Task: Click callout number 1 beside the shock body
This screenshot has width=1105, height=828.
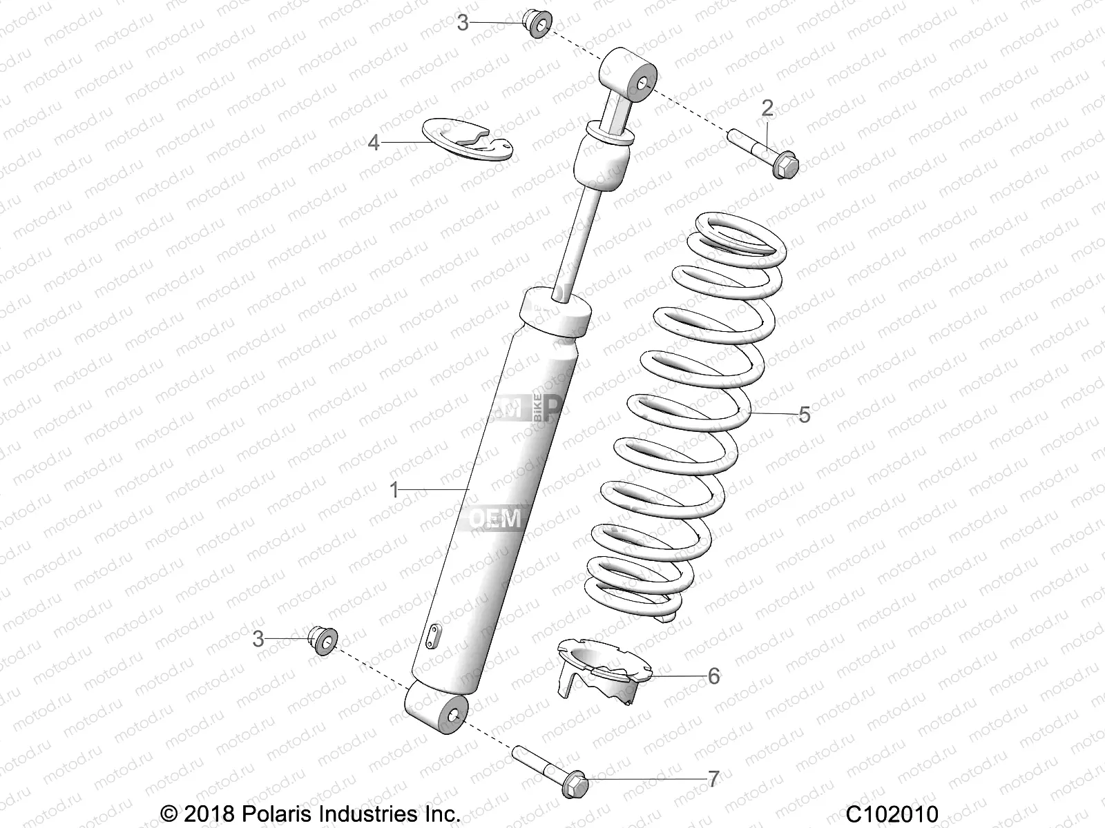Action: (394, 491)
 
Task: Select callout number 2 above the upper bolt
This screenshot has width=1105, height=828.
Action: (767, 108)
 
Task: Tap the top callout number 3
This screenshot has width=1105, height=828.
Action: (463, 23)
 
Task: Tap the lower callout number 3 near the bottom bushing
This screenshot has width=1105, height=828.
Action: (258, 639)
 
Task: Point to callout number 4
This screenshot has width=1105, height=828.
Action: (374, 143)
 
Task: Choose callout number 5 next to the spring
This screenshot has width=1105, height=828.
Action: (804, 415)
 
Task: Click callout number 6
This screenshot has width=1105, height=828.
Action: (713, 676)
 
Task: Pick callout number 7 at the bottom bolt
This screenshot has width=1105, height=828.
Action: (713, 779)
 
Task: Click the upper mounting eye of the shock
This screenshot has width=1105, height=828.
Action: (629, 75)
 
